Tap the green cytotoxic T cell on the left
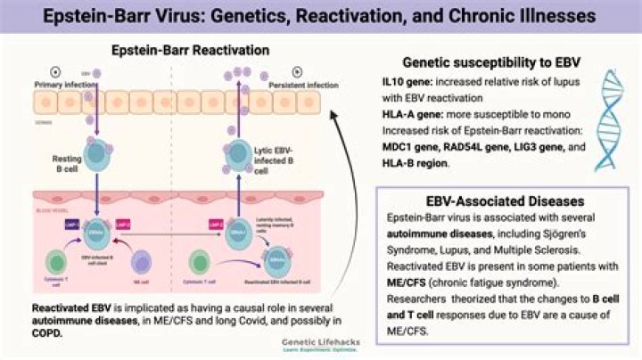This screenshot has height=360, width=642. [54, 264]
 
